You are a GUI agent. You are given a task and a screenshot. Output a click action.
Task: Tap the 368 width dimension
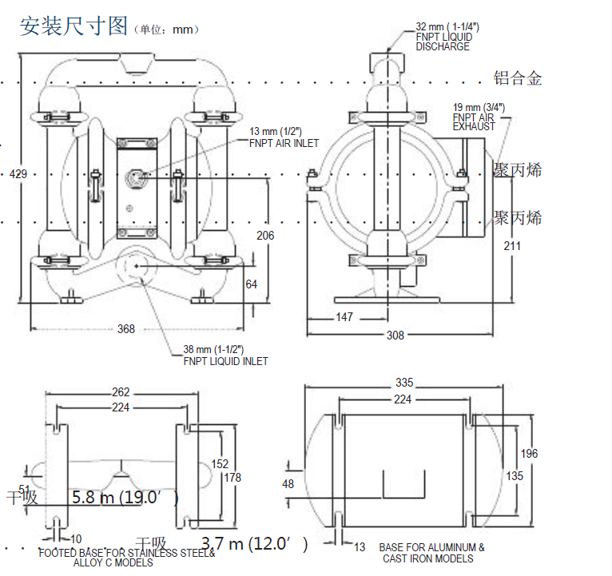(x=126, y=328)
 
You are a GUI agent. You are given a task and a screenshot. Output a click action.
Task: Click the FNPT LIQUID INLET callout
(x=225, y=356)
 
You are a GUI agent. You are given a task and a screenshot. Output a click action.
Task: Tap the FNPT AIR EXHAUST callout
(x=479, y=117)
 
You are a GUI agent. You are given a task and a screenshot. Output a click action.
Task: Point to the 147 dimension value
(x=344, y=317)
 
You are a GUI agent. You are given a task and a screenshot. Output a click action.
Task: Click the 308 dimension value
(x=395, y=336)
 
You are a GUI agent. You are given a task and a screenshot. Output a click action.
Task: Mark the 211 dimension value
(x=512, y=246)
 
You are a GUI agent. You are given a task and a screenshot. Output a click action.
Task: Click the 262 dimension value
(x=120, y=392)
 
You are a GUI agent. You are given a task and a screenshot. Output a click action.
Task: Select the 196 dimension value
(x=529, y=454)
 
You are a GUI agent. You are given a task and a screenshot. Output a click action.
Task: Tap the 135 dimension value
(x=515, y=476)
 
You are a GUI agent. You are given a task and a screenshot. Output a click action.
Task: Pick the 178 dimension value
(x=232, y=478)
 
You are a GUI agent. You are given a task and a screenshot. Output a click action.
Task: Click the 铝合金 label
(x=518, y=78)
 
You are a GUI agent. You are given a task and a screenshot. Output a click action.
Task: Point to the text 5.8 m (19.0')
(x=124, y=498)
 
